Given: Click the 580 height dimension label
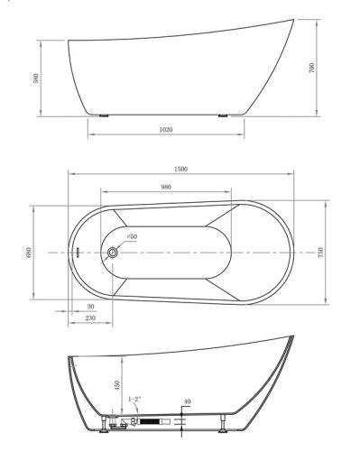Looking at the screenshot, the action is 36,78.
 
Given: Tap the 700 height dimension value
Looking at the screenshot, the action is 311,68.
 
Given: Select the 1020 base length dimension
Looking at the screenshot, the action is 166,130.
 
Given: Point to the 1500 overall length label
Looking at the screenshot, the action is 180,169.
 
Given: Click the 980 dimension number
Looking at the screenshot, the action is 166,187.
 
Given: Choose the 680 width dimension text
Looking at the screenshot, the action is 29,253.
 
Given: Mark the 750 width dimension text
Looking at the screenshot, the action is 320,253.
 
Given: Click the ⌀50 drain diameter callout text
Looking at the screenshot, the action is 132,236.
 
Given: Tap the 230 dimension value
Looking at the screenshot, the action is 90,318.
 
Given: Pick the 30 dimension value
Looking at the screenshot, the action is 90,307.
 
